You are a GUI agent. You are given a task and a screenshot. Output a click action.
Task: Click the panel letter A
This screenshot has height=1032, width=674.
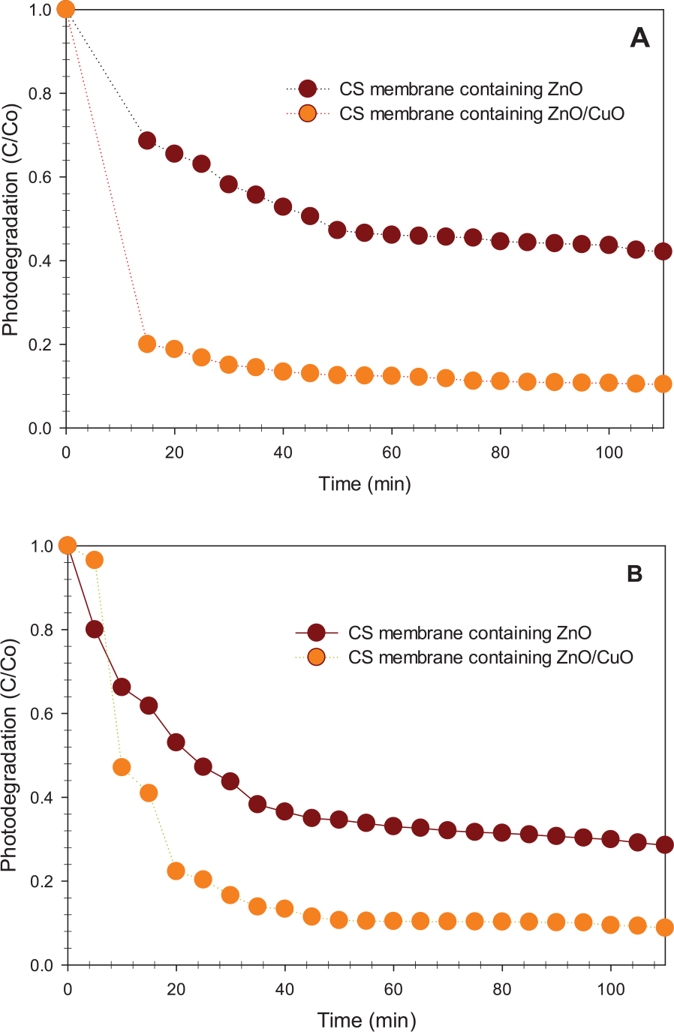tap(639, 38)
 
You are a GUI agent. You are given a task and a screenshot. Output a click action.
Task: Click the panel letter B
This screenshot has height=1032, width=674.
tap(634, 574)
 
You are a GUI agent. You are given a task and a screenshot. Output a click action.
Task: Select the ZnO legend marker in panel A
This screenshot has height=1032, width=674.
tap(308, 89)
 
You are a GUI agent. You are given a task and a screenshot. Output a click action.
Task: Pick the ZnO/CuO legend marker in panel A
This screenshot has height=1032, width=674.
tap(308, 114)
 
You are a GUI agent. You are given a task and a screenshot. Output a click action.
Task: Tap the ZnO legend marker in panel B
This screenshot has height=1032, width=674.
tap(316, 633)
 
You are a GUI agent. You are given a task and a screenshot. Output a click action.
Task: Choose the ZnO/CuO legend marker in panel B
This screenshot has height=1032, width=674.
tap(316, 657)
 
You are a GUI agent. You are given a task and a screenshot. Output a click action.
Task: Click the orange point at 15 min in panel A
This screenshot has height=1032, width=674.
tap(147, 344)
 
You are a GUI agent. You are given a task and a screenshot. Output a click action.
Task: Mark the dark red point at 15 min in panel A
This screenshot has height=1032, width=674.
tap(147, 140)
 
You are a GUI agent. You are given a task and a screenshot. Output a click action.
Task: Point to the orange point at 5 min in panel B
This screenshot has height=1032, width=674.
tap(95, 560)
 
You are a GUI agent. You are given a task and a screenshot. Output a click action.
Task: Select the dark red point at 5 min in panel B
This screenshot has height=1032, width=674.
tap(95, 629)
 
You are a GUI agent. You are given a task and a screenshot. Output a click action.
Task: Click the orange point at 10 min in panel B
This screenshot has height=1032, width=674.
tap(122, 767)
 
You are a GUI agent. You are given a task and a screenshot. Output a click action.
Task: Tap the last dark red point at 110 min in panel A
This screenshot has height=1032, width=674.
tap(663, 251)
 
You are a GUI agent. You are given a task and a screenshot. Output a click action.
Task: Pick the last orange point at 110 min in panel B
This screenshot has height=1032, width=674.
tap(665, 928)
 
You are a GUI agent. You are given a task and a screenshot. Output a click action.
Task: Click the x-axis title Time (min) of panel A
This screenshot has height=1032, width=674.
tap(365, 484)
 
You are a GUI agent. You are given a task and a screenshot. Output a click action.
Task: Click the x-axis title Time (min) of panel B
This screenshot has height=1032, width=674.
tap(366, 1021)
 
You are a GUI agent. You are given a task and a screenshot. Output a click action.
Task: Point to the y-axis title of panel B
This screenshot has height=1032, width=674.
tap(10, 754)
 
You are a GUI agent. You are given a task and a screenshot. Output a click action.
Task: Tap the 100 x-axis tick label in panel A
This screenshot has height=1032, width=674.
tap(609, 453)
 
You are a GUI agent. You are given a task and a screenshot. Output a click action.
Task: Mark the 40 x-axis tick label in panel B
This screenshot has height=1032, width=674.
tap(284, 989)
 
